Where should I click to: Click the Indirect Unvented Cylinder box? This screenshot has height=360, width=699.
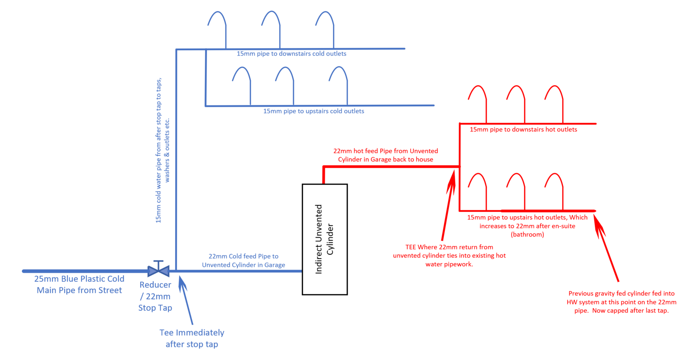[324, 239]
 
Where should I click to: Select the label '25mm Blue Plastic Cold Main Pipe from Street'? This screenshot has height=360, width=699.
[79, 284]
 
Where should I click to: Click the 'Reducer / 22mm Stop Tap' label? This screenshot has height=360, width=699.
[155, 296]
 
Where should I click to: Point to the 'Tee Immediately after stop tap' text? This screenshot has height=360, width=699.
[192, 338]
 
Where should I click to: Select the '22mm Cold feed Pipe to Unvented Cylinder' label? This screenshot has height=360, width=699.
[243, 260]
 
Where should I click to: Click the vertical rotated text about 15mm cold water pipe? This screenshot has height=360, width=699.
[163, 151]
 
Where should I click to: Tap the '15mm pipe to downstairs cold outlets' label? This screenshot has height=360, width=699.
[291, 54]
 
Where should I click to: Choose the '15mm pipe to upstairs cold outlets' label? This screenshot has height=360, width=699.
[313, 111]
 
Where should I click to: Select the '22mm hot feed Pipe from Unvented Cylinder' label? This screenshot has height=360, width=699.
[385, 155]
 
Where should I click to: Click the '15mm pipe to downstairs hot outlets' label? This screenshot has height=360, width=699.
[523, 130]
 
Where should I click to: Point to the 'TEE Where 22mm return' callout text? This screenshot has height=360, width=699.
[449, 256]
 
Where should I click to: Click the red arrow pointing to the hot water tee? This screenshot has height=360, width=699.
[448, 205]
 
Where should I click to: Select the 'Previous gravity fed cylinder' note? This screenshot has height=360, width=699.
[621, 302]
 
